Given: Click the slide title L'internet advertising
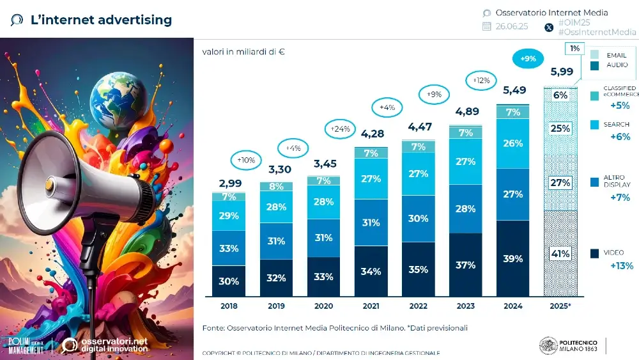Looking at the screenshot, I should click(x=101, y=20).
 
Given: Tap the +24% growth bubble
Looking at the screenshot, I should click(x=341, y=129).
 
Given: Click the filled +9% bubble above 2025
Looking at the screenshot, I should click(x=528, y=59).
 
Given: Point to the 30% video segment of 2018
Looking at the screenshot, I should click(x=229, y=281).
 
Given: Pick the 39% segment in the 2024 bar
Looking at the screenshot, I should click(x=512, y=258).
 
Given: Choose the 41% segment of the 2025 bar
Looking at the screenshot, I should click(x=560, y=253).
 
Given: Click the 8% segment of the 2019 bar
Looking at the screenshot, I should click(x=276, y=187).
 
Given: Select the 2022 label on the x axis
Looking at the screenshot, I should click(x=418, y=306).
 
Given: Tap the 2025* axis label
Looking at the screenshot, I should click(x=560, y=306).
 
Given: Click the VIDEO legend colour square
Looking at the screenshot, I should click(x=594, y=253).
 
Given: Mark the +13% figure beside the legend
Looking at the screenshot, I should click(x=620, y=266).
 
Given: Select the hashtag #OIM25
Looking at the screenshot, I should click(x=574, y=22).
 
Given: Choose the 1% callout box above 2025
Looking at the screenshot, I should click(x=574, y=49).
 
